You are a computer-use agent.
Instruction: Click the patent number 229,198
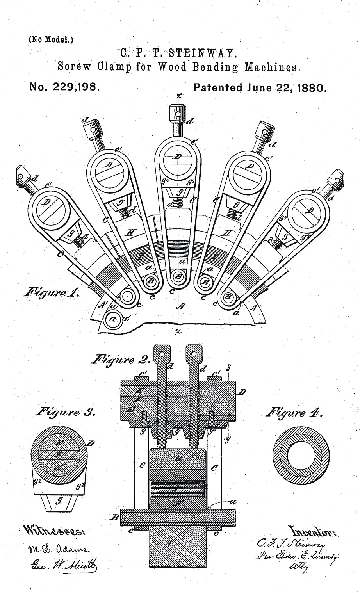75,87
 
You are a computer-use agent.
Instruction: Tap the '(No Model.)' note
51,39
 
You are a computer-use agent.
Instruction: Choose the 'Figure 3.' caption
66,412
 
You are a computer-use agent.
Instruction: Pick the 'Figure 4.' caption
294,412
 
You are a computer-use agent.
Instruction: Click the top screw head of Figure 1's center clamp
178,114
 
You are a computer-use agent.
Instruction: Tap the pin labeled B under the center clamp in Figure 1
178,276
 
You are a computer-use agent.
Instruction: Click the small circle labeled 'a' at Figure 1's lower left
113,319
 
